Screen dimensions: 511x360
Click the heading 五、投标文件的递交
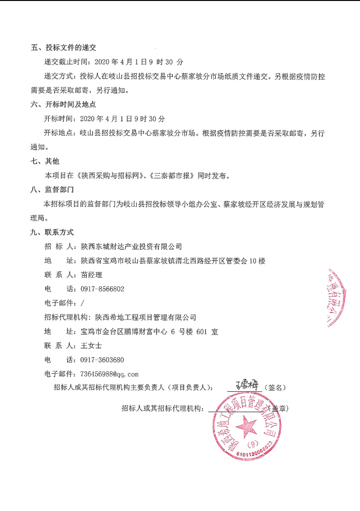pos(63,48)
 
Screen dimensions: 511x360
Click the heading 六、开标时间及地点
pos(63,105)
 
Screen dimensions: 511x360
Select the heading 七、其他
pos(45,161)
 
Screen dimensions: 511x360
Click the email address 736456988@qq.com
pos(110,374)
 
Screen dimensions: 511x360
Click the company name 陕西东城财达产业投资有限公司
pos(131,247)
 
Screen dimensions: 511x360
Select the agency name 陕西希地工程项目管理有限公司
pos(145,317)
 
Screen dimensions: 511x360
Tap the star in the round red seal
pos(246,426)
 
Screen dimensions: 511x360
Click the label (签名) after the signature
pos(275,388)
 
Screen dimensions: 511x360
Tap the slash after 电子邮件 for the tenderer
pos(83,303)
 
